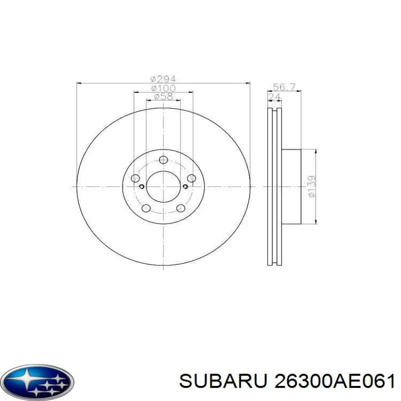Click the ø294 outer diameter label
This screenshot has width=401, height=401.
[163, 79]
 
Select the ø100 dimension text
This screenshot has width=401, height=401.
[163, 88]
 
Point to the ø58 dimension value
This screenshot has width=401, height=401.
[163, 96]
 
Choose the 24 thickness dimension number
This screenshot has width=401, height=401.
[274, 96]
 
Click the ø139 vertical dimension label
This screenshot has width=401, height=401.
[311, 186]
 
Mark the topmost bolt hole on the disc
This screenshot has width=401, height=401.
[163, 160]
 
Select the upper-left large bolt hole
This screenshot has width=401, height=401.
[135, 178]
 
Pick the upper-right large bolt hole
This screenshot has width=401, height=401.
[191, 178]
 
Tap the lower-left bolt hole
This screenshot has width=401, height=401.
[146, 209]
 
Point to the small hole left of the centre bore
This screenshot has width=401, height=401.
[142, 187]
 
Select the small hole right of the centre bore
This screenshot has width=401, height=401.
[184, 187]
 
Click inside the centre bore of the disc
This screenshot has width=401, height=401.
[163, 186]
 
